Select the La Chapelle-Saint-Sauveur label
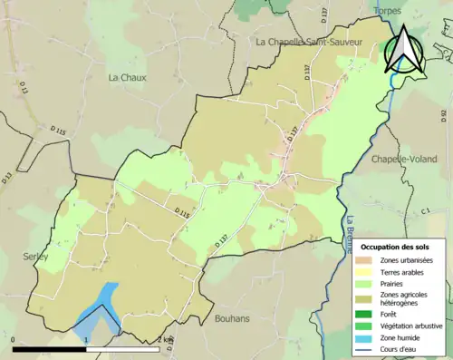tap(308, 42)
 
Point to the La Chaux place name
tap(128, 78)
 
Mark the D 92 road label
tap(445, 115)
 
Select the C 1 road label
tap(424, 210)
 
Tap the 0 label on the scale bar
tap(15, 340)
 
